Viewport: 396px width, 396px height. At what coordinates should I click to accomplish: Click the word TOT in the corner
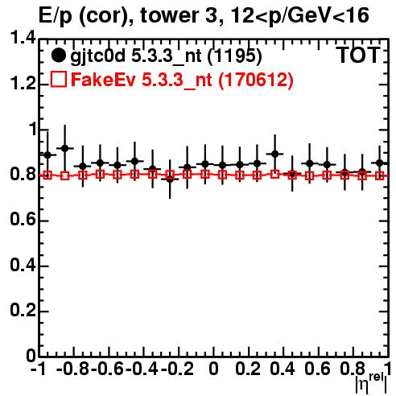point(359,56)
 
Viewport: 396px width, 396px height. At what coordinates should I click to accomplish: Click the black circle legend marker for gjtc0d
point(58,56)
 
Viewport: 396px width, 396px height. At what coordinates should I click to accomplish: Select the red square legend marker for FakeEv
point(59,79)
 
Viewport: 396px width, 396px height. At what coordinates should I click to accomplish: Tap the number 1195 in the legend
point(235,56)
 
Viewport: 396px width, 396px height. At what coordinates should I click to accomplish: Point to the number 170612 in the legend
point(256,79)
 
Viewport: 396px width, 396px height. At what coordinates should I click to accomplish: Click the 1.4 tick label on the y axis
point(23,38)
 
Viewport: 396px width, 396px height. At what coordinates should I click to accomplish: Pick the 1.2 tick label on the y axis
point(23,84)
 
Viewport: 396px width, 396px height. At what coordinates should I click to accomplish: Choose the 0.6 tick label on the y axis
point(23,220)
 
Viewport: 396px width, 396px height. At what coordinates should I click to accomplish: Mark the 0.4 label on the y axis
point(23,265)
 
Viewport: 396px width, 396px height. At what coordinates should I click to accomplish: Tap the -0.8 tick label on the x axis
point(72,369)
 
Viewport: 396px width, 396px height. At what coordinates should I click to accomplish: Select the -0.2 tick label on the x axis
point(177,369)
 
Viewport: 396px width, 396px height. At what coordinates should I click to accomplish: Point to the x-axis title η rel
point(372,382)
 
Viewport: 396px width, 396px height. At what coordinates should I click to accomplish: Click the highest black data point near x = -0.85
point(65,148)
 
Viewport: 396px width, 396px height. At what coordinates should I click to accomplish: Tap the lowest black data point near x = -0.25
point(170,179)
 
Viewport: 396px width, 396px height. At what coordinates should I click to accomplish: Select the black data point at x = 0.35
point(274,154)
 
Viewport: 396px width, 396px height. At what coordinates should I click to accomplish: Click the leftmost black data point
point(47,155)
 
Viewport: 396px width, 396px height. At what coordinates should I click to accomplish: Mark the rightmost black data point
point(379,163)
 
